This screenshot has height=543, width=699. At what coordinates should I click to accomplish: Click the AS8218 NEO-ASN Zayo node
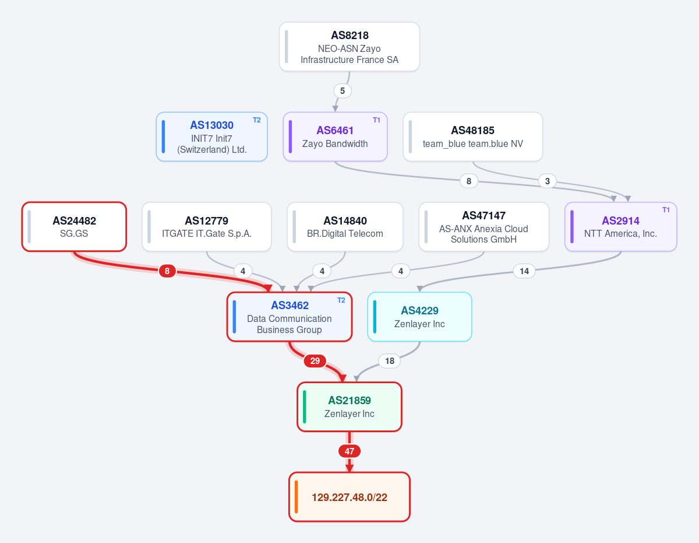coord(349,47)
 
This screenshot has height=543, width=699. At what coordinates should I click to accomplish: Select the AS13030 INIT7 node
coord(211,136)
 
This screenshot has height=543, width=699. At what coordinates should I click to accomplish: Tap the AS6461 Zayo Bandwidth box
coord(335,136)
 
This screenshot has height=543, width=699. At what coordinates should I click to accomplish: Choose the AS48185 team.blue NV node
coord(472,136)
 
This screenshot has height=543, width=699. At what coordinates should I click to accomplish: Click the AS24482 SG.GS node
coord(74,227)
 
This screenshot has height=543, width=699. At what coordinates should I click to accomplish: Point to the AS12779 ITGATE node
coord(207,227)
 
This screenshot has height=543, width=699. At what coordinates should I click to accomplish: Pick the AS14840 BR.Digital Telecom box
coord(345,227)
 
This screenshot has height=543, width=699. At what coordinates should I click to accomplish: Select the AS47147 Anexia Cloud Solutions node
coord(483,227)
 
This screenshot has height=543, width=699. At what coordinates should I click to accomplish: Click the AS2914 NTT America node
coord(620,227)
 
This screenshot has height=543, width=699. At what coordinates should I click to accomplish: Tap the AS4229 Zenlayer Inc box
coord(419,317)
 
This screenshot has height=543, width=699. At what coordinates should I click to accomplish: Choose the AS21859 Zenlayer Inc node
coord(349,407)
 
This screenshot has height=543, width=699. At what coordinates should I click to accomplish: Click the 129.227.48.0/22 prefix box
coord(349,497)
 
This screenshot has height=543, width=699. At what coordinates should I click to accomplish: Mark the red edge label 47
coord(349,451)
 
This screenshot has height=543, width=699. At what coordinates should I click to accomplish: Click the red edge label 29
coord(315,360)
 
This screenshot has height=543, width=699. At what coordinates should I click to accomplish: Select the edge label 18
coord(390,360)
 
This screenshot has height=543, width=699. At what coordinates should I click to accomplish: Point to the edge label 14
coord(524,271)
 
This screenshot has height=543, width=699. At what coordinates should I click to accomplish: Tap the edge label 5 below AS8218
coord(343,91)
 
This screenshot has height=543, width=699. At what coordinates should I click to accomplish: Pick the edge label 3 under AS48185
coord(547,181)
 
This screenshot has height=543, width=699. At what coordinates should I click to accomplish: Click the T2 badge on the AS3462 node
coord(341,300)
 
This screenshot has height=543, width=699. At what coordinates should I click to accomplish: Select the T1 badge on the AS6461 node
coord(376,120)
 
